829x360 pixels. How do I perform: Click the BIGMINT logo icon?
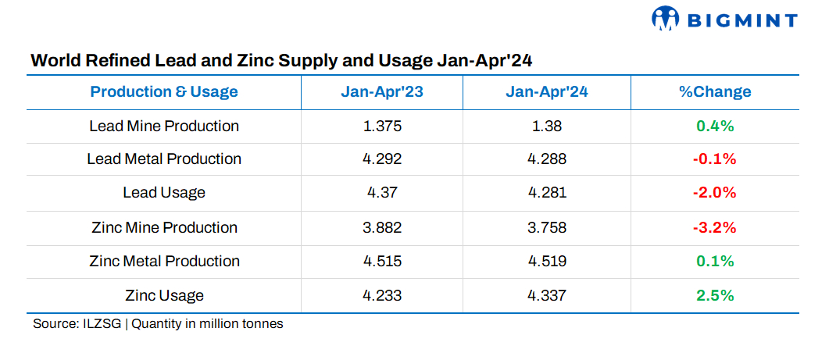(x=666, y=19)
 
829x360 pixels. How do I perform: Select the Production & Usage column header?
(x=164, y=91)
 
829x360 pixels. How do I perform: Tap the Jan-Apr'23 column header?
(x=382, y=91)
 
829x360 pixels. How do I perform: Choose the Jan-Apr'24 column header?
(x=547, y=91)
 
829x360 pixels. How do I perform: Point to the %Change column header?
(x=715, y=91)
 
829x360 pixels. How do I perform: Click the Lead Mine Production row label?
(x=164, y=126)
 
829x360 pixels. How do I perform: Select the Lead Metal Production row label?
(x=164, y=159)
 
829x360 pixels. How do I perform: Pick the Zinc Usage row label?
(x=164, y=295)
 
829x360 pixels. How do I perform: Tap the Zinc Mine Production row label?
(x=164, y=227)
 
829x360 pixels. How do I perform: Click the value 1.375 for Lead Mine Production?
(x=382, y=126)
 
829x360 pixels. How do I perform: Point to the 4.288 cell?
(x=547, y=159)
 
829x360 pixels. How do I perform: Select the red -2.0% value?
(x=715, y=193)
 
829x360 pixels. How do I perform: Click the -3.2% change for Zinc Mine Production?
(x=715, y=227)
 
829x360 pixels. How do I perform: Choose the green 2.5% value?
(x=715, y=295)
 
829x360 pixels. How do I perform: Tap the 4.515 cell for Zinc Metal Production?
(x=382, y=261)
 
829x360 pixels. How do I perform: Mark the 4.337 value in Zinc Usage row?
(x=547, y=295)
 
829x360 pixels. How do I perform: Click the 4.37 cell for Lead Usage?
(x=382, y=193)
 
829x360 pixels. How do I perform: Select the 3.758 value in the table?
(x=547, y=227)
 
